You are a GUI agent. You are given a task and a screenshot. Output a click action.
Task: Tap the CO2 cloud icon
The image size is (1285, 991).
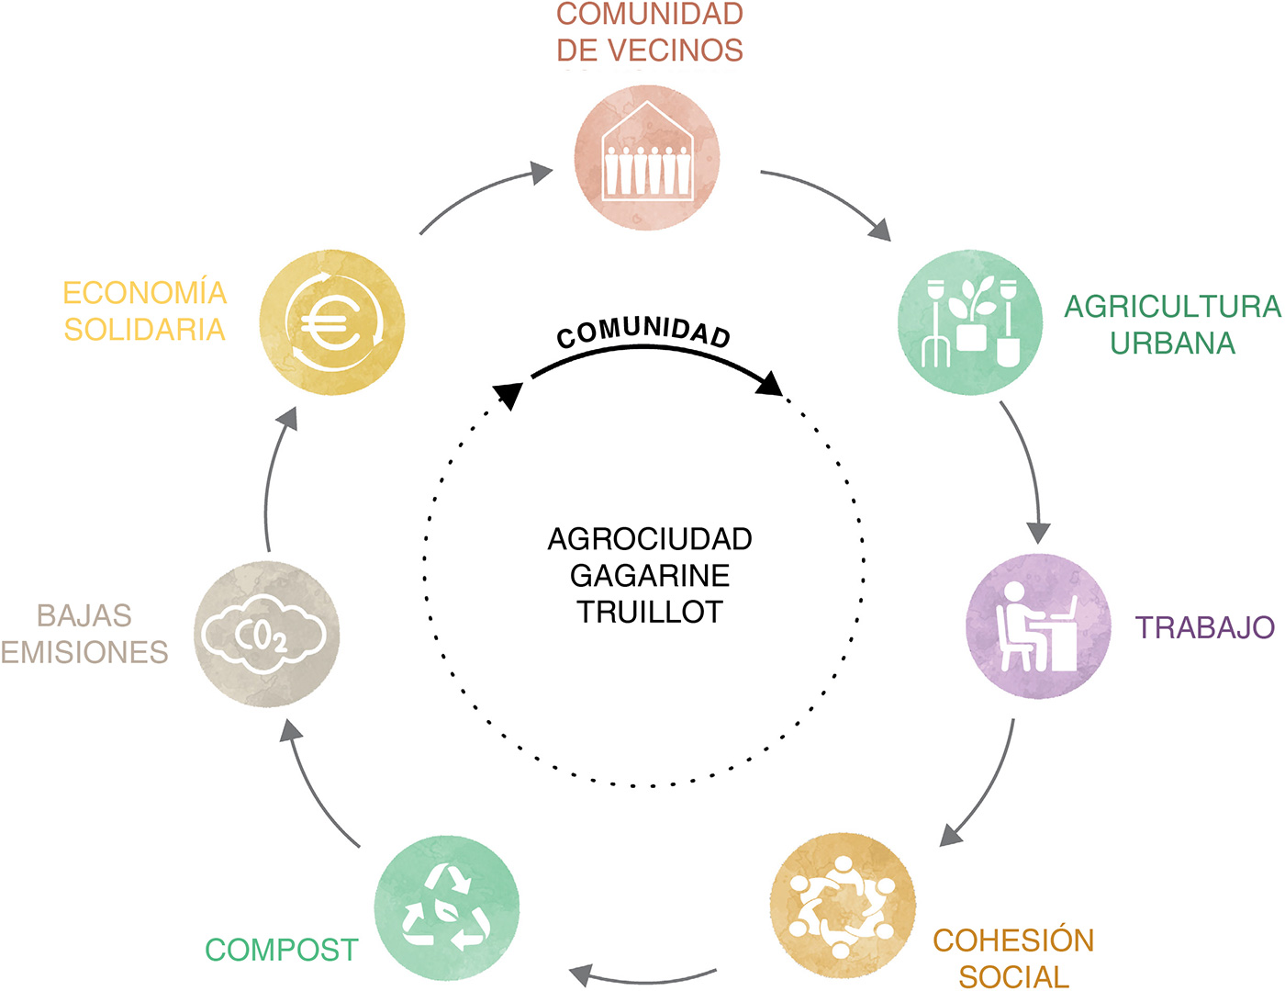click(x=263, y=635)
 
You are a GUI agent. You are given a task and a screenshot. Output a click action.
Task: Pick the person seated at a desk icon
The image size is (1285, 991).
click(x=1038, y=626)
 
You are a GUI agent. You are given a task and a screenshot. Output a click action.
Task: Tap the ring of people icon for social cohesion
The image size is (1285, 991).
click(x=842, y=907)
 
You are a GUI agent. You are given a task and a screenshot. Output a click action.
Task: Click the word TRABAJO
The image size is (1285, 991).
click(x=1204, y=627)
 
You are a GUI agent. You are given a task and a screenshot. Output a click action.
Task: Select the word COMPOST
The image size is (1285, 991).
click(x=282, y=951)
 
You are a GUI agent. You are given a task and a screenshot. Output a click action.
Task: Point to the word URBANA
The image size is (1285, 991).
click(x=1172, y=343)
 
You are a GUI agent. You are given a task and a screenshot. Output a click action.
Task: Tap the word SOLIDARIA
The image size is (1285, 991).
click(x=145, y=330)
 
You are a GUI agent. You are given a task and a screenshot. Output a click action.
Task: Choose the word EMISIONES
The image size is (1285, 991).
click(x=84, y=652)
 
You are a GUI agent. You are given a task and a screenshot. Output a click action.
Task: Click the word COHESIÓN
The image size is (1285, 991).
click(x=1013, y=940)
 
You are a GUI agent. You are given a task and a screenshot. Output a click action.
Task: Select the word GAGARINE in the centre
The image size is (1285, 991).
click(x=649, y=576)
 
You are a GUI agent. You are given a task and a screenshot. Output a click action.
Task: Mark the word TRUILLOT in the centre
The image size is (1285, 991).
click(x=649, y=612)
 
